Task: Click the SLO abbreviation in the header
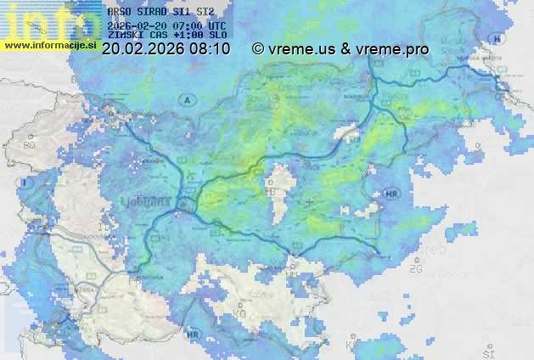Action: pos(217,36)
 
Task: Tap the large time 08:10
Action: pos(209,49)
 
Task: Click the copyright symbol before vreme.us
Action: pos(258,49)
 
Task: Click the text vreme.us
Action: pos(301,49)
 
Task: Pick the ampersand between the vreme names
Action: pos(346,49)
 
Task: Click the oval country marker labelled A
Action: pos(186,100)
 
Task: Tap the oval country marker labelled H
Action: pos(497,39)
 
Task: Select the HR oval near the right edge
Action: pos(391,194)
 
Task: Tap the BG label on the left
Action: pos(30,146)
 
